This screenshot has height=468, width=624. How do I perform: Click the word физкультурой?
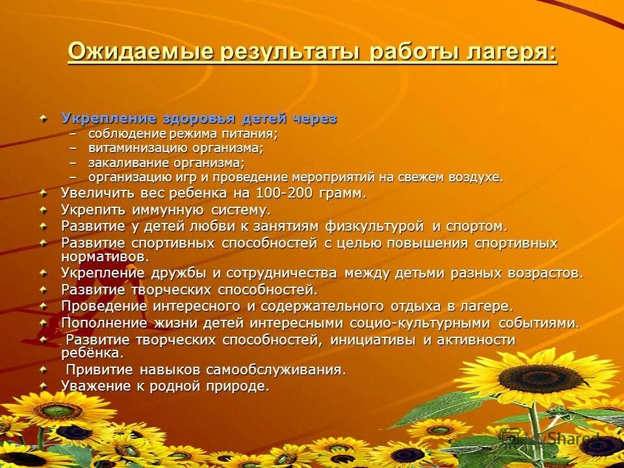(371, 226)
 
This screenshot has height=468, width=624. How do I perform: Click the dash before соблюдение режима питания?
(73, 134)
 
